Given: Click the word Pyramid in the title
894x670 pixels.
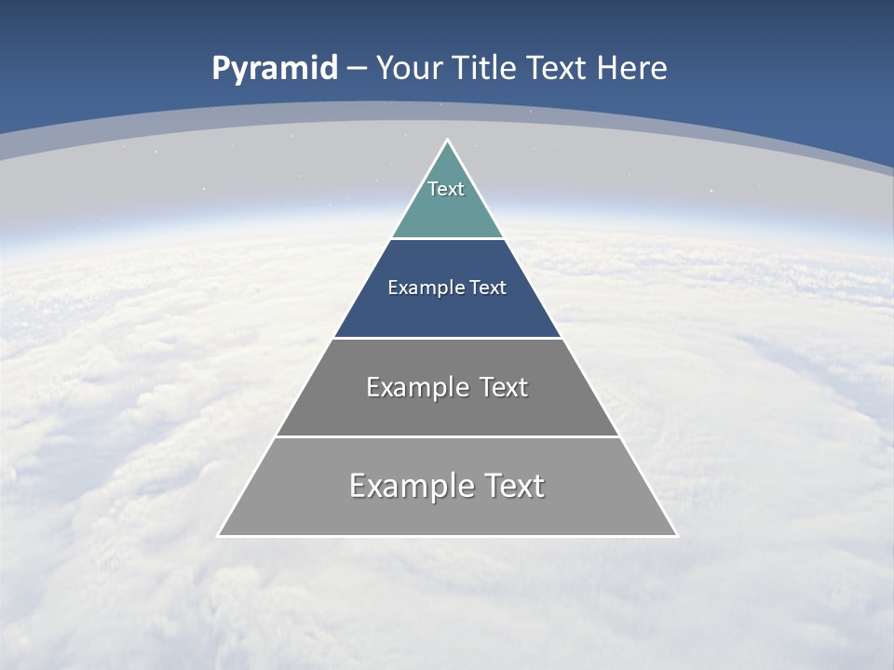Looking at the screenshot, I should click(274, 69).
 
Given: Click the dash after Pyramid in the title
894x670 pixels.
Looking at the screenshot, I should click(356, 69).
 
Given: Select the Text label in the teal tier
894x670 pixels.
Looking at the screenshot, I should click(446, 189).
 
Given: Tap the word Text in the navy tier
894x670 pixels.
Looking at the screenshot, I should click(488, 288).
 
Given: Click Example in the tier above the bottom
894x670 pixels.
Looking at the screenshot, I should click(416, 387).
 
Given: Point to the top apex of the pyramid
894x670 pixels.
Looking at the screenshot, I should click(448, 141).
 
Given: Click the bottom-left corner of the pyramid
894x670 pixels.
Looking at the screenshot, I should click(219, 535).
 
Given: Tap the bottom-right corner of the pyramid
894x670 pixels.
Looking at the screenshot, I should click(676, 535).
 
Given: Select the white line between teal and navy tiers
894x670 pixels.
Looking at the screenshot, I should click(447, 238).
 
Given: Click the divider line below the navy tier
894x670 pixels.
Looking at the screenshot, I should click(447, 338).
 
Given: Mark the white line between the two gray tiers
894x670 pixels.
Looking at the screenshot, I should click(447, 436).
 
